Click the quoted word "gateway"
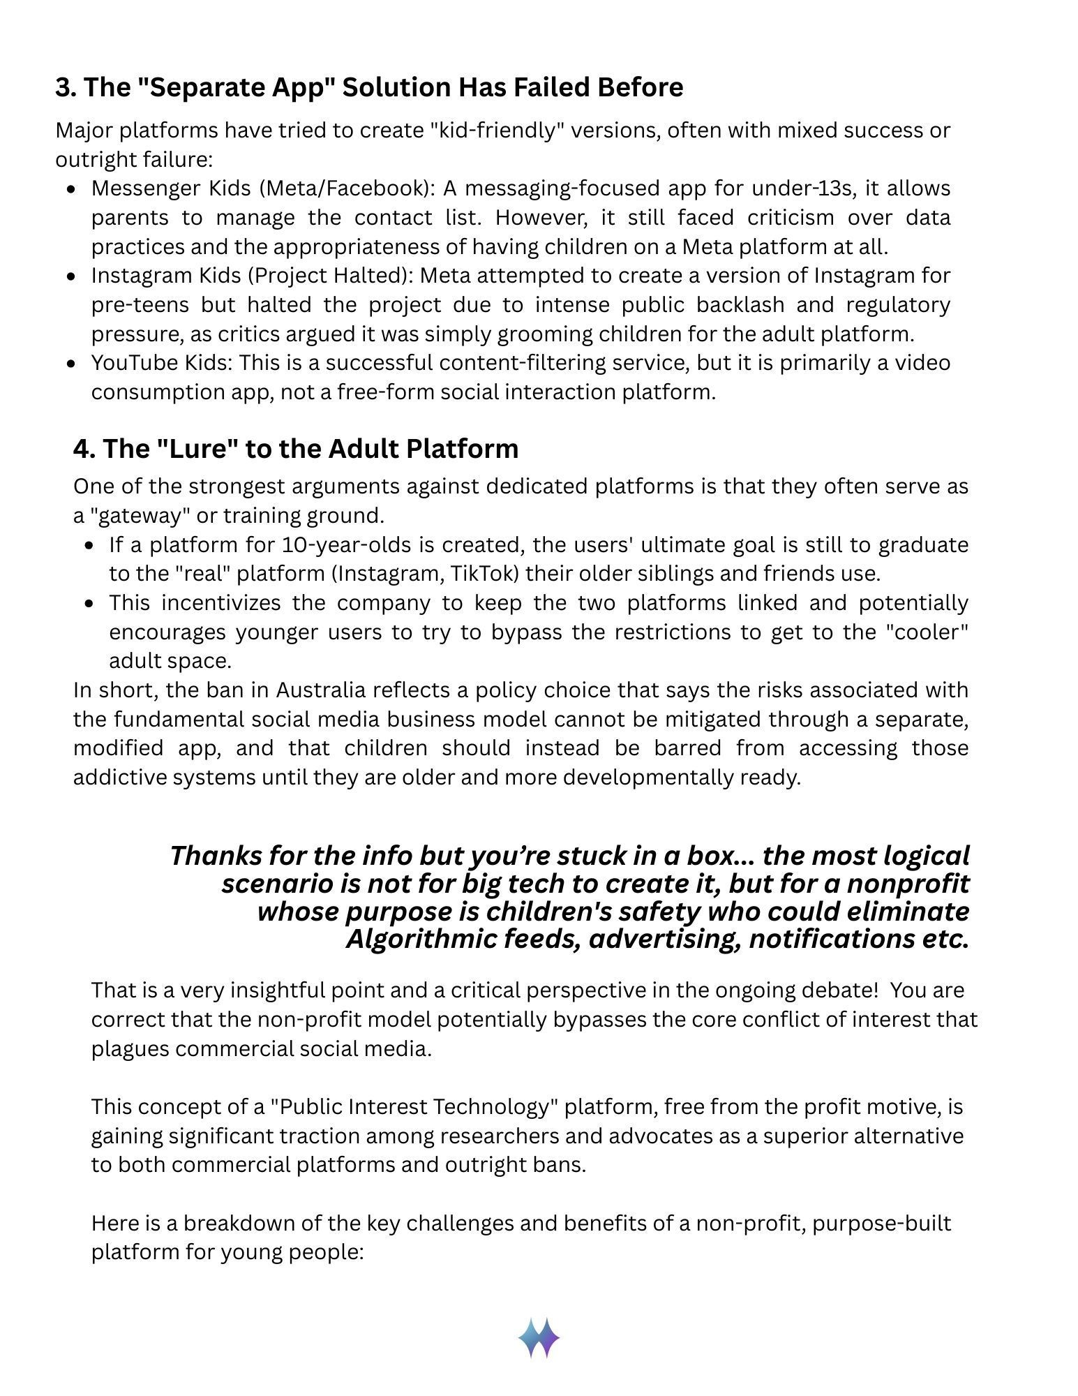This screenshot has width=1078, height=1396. click(135, 516)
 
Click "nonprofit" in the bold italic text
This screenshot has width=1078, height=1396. click(908, 884)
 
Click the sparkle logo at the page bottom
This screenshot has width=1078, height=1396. click(539, 1337)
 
